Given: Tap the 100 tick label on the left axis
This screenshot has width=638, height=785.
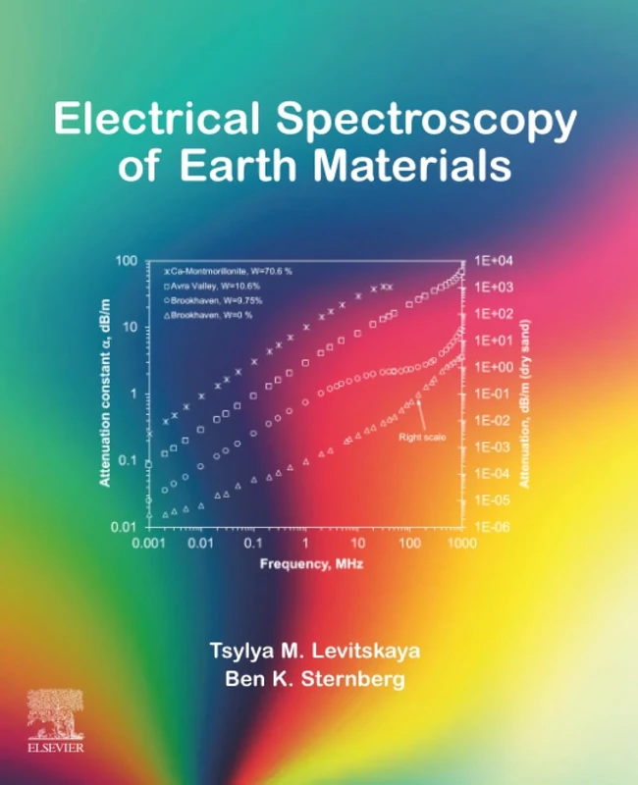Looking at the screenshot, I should point(124,260).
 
